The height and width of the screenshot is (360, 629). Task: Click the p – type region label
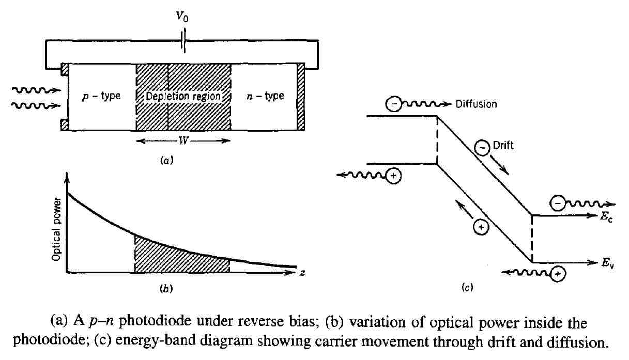coord(101,97)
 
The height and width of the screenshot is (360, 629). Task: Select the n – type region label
coord(265,97)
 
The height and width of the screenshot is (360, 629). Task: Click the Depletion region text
coord(183,97)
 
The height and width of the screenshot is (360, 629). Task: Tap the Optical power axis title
coord(57,228)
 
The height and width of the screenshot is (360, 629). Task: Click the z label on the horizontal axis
coord(301,272)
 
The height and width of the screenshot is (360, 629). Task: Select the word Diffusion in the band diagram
coord(476,104)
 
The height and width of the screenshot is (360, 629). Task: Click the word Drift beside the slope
coord(503,146)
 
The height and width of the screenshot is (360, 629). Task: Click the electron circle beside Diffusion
coord(393,104)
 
